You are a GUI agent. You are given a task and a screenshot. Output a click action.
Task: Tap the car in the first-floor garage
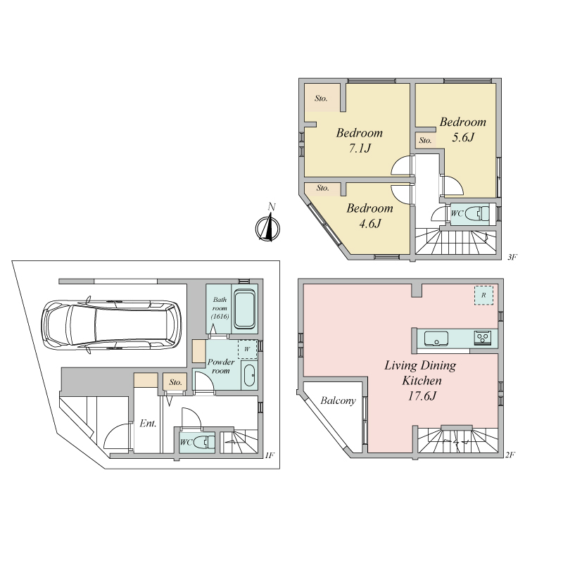pyautogui.click(x=111, y=324)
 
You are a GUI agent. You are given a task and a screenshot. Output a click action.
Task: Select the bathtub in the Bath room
pyautogui.click(x=244, y=310)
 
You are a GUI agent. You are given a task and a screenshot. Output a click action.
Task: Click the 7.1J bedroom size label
pyautogui.click(x=360, y=148)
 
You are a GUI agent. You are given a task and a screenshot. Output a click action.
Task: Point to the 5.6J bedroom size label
pyautogui.click(x=463, y=137)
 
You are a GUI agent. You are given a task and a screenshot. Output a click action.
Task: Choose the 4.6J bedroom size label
pyautogui.click(x=370, y=224)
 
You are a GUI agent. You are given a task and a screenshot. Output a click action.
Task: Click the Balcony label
pyautogui.click(x=338, y=400)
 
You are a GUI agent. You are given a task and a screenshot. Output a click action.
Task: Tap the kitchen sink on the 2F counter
pyautogui.click(x=436, y=339)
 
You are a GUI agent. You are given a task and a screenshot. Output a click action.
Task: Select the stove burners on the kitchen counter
pyautogui.click(x=483, y=338)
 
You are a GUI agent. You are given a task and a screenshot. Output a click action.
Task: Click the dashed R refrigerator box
pyautogui.click(x=483, y=295)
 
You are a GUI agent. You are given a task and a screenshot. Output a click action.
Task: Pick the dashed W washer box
pyautogui.click(x=248, y=349)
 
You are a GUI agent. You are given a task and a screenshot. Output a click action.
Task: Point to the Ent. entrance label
pyautogui.click(x=148, y=424)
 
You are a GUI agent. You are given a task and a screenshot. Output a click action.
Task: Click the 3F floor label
pyautogui.click(x=512, y=257)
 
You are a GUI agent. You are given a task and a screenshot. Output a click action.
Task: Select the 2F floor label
pyautogui.click(x=510, y=455)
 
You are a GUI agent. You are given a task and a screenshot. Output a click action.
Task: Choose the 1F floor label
pyautogui.click(x=270, y=455)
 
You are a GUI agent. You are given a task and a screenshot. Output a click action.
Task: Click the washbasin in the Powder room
pyautogui.click(x=249, y=376)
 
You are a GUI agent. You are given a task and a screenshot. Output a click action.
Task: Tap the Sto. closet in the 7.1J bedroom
pyautogui.click(x=322, y=98)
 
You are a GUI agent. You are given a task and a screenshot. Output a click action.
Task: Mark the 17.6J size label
pyautogui.click(x=422, y=396)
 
